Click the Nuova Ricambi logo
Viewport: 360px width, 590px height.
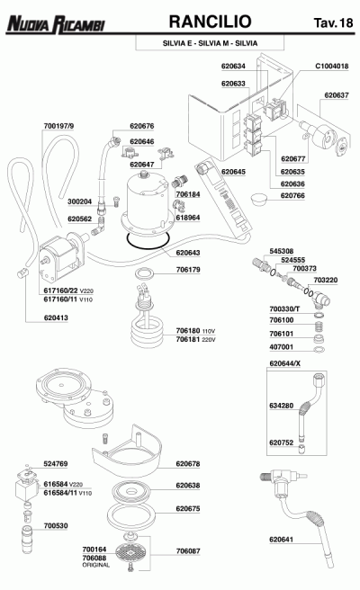click(56, 24)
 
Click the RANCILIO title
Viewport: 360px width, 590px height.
click(210, 22)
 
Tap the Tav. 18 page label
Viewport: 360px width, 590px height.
click(333, 22)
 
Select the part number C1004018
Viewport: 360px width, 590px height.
click(332, 67)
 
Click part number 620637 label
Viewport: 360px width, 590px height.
click(337, 95)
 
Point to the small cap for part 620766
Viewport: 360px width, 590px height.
click(258, 199)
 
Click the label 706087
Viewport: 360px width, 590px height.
click(188, 551)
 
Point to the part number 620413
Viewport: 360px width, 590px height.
click(56, 318)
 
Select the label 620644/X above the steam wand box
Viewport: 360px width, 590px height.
click(285, 364)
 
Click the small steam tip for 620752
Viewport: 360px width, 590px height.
click(302, 449)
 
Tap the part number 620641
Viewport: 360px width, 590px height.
click(281, 540)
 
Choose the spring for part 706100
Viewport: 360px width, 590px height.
click(319, 326)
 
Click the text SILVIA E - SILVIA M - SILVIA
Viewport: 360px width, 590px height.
click(210, 43)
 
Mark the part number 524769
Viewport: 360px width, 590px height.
click(56, 464)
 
